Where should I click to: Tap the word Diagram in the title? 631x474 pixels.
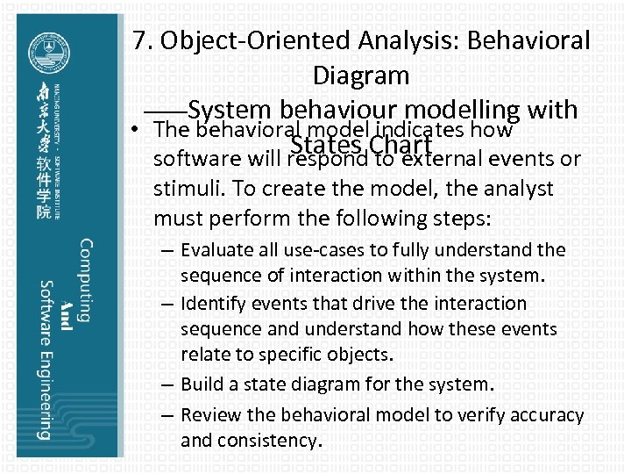click(x=360, y=75)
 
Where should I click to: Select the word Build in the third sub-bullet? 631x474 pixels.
click(x=202, y=384)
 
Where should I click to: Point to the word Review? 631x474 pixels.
click(x=209, y=414)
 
